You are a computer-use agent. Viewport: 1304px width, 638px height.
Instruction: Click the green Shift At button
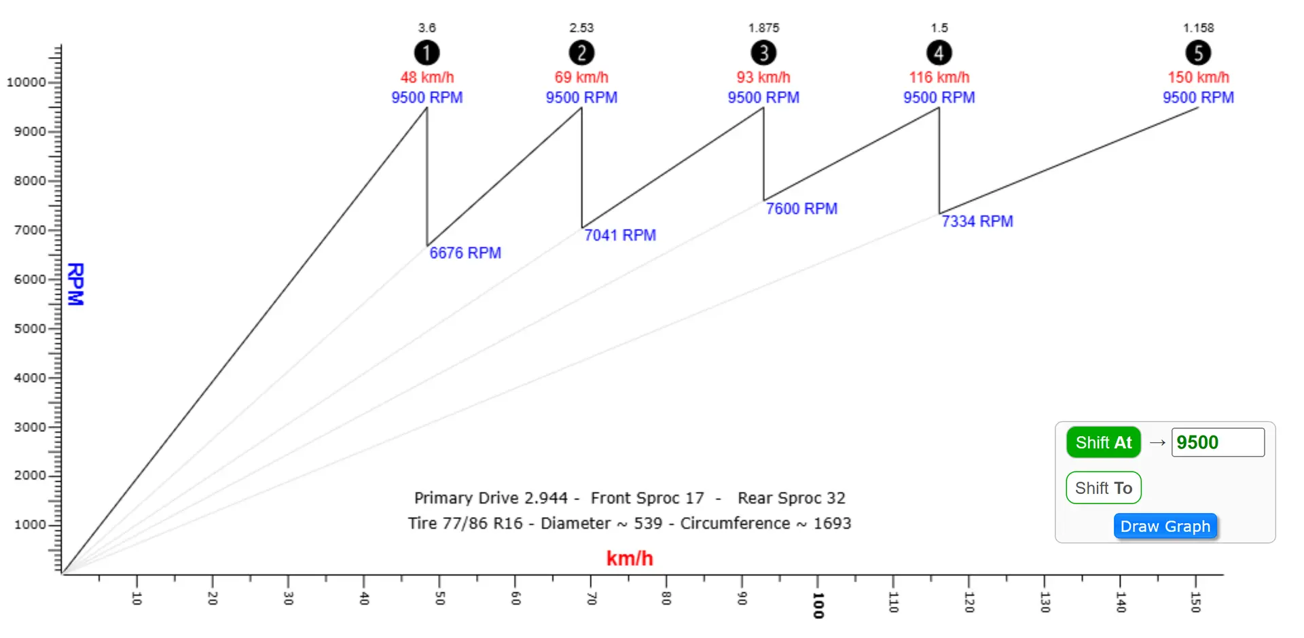pos(1103,442)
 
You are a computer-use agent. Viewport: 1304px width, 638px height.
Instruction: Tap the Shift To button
pos(1103,488)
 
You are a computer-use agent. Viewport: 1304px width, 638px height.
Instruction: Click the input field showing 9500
pos(1217,442)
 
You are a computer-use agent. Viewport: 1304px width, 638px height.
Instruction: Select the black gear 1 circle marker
pos(427,52)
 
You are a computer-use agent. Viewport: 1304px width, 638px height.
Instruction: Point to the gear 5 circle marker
pos(1198,52)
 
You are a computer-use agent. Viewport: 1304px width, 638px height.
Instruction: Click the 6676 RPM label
pos(465,253)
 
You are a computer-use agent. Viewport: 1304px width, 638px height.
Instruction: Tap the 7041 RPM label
pos(620,235)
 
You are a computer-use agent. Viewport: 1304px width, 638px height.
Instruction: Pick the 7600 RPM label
pos(801,209)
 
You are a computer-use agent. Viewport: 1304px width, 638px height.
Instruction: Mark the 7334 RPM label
pos(977,221)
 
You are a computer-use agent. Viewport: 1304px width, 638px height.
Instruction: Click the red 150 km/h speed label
pos(1198,77)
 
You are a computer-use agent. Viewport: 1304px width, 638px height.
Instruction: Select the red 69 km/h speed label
pos(581,77)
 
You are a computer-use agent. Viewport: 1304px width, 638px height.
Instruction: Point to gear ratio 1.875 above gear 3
pos(763,28)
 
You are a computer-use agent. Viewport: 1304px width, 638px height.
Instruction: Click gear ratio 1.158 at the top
pos(1198,28)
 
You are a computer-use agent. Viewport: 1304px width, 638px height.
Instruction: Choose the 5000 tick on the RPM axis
pos(30,329)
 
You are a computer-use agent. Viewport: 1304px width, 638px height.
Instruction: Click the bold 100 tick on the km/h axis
pos(818,604)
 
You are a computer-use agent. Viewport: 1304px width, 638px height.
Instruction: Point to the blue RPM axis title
pos(75,284)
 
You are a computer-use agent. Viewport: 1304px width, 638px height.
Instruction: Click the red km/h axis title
pos(629,559)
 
